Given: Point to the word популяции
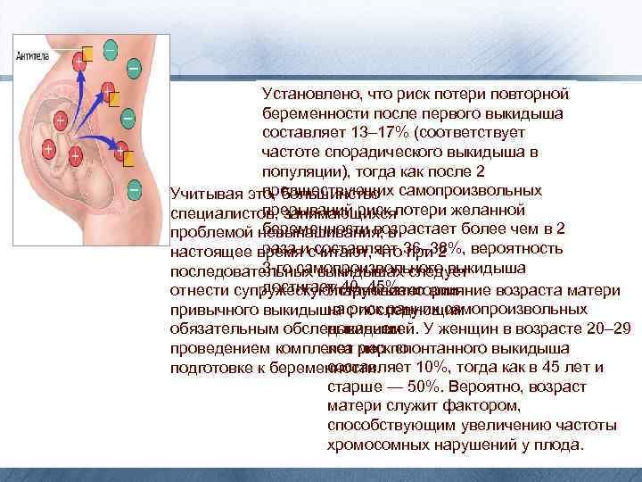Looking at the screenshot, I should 300,172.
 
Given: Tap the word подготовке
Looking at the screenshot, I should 208,368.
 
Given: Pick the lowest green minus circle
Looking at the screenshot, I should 133,189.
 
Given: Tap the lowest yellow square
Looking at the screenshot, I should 129,159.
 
